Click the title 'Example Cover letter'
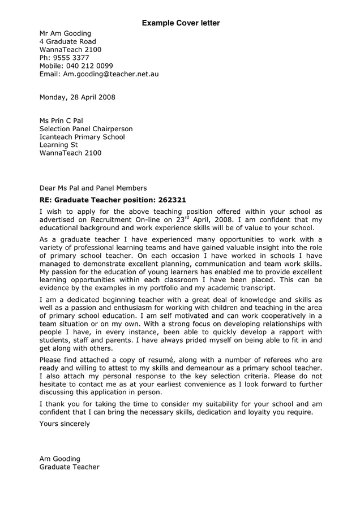click(x=181, y=23)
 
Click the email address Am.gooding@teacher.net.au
click(x=110, y=74)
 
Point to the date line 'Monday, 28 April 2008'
click(x=77, y=97)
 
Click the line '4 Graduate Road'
click(x=67, y=41)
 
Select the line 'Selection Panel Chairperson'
click(x=85, y=129)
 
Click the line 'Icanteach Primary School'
click(x=82, y=137)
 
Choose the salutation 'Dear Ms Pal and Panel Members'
click(x=93, y=188)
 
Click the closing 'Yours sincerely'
click(x=65, y=424)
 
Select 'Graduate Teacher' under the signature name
click(x=69, y=467)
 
